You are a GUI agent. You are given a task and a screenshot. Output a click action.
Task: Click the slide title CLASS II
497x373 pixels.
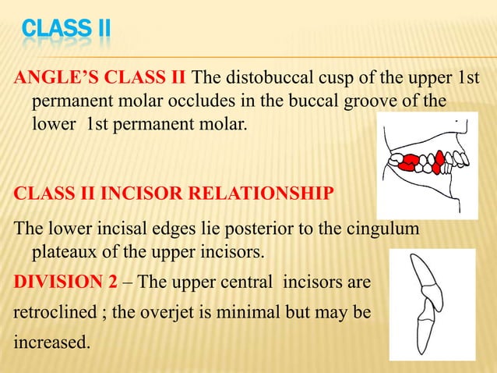coord(65,30)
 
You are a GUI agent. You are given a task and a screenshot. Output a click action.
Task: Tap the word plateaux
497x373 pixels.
coord(64,251)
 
